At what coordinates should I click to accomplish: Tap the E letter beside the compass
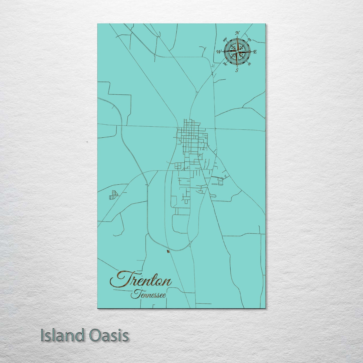click(255, 52)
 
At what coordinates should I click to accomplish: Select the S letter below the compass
click(237, 70)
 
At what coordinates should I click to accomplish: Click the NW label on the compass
click(225, 39)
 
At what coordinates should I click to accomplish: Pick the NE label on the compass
click(249, 39)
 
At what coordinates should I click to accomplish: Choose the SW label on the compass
click(225, 64)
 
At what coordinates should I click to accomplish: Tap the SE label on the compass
click(249, 64)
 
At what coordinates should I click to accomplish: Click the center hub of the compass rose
click(237, 51)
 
